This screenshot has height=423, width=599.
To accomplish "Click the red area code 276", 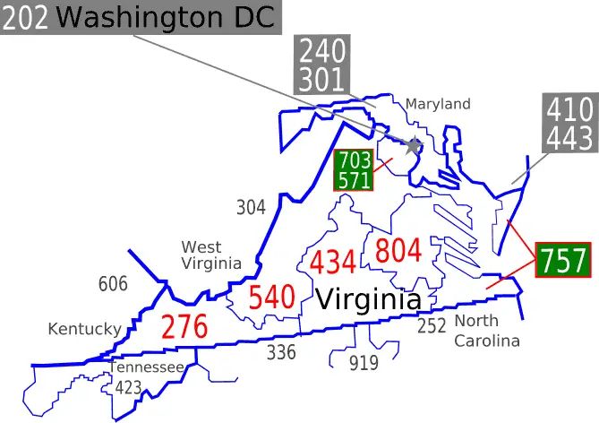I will [x=184, y=327].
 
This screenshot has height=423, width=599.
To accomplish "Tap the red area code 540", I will [x=271, y=298].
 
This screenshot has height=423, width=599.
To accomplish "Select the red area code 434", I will [x=333, y=263].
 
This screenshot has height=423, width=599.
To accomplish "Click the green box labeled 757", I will [x=563, y=261].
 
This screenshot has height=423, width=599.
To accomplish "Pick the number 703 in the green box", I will [x=353, y=160].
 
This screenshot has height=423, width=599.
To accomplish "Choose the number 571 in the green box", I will [x=353, y=180].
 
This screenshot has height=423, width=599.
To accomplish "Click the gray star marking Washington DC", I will [x=414, y=145].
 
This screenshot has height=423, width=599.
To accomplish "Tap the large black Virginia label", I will [x=367, y=298].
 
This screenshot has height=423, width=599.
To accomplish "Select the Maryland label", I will [x=438, y=104].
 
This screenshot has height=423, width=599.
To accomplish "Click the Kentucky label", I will [x=84, y=329].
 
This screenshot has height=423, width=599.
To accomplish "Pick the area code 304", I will [x=251, y=208].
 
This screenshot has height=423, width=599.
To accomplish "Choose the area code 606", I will [x=113, y=285].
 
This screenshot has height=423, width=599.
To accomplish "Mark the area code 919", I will [x=364, y=363].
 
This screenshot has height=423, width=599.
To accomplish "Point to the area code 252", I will [x=432, y=325].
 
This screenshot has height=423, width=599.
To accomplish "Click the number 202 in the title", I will [x=27, y=18].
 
